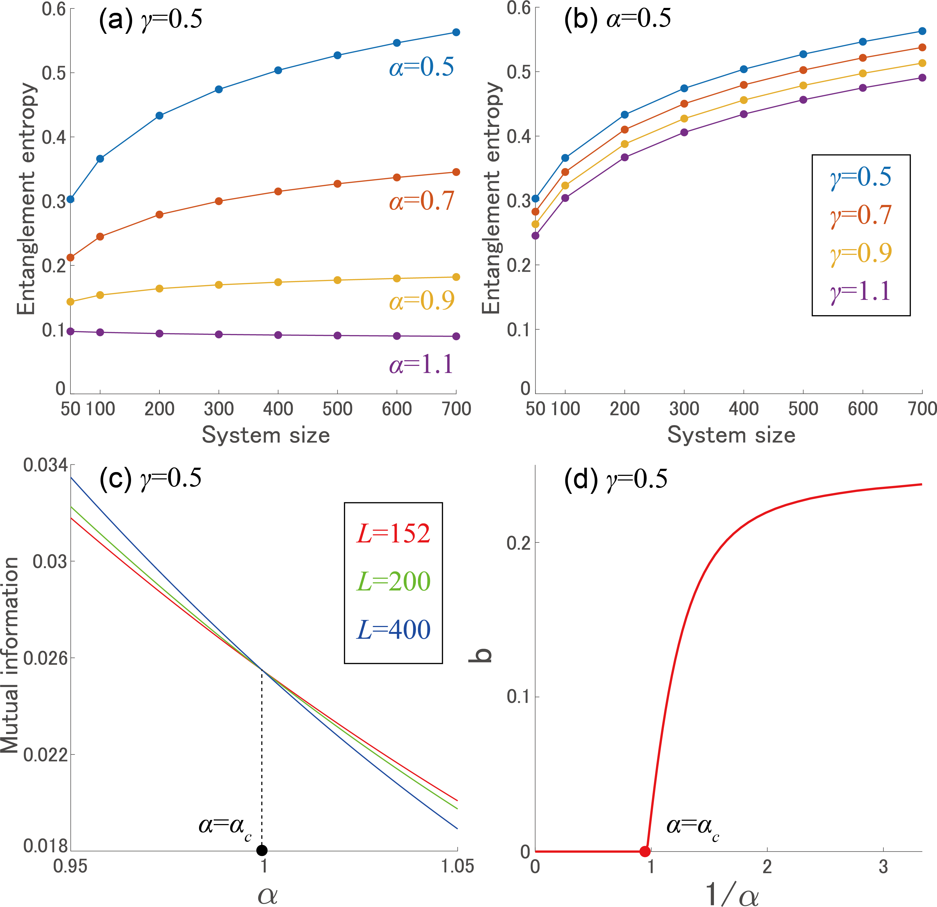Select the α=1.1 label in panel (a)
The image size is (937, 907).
pyautogui.click(x=421, y=365)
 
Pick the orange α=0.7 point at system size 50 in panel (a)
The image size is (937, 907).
pyautogui.click(x=70, y=258)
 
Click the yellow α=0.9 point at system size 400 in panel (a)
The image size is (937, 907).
pyautogui.click(x=278, y=282)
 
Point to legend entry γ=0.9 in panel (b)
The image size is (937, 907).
pyautogui.click(x=861, y=253)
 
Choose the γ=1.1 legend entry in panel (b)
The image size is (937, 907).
pyautogui.click(x=861, y=291)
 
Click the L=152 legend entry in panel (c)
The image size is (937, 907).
pyautogui.click(x=393, y=534)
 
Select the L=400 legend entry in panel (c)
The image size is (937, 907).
pyautogui.click(x=393, y=630)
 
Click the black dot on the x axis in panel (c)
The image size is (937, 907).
pyautogui.click(x=262, y=850)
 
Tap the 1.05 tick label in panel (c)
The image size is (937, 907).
pyautogui.click(x=457, y=866)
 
